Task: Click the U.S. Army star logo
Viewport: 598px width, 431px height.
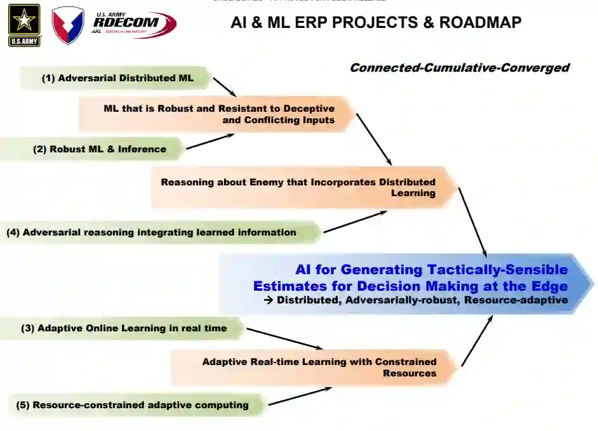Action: tap(24, 25)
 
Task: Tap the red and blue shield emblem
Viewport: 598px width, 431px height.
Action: tap(67, 26)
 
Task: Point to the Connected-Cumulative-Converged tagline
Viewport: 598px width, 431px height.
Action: tap(459, 68)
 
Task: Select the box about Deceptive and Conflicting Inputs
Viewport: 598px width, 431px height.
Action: tap(219, 114)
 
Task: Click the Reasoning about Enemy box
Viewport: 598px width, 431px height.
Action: tap(298, 187)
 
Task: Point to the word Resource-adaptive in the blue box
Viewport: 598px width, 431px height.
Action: tap(515, 300)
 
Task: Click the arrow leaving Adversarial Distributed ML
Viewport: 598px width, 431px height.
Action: tap(224, 87)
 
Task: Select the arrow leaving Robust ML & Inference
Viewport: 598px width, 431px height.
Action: tap(209, 142)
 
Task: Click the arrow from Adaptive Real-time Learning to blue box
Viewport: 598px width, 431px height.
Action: tap(477, 341)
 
